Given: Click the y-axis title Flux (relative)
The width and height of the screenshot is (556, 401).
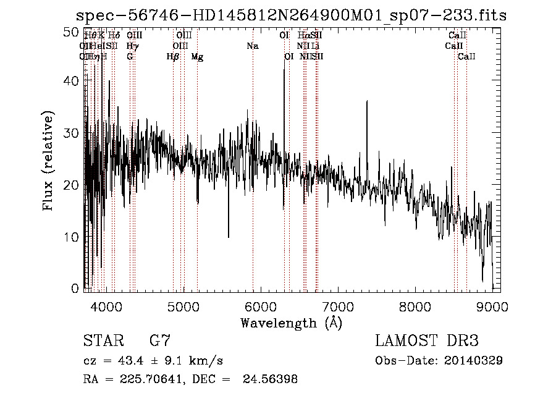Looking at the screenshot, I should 48,160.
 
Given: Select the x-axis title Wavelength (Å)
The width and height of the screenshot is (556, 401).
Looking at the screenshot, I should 291,323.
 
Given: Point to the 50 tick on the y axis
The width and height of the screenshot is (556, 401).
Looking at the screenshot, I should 72,31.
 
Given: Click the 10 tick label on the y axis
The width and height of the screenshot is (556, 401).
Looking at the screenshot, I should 72,237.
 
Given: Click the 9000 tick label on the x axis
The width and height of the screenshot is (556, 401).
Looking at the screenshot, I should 492,305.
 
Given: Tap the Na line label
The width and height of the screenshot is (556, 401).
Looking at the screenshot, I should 252,46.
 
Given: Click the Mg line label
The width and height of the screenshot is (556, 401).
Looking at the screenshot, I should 197,57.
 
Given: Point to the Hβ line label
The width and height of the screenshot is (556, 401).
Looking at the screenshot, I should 173,57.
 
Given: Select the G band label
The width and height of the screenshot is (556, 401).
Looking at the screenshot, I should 130,57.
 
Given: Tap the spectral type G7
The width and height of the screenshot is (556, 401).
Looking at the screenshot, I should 159,341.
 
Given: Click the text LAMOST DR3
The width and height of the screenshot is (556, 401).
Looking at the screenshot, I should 427,341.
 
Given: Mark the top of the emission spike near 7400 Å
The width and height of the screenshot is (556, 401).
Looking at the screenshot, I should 367,101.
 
